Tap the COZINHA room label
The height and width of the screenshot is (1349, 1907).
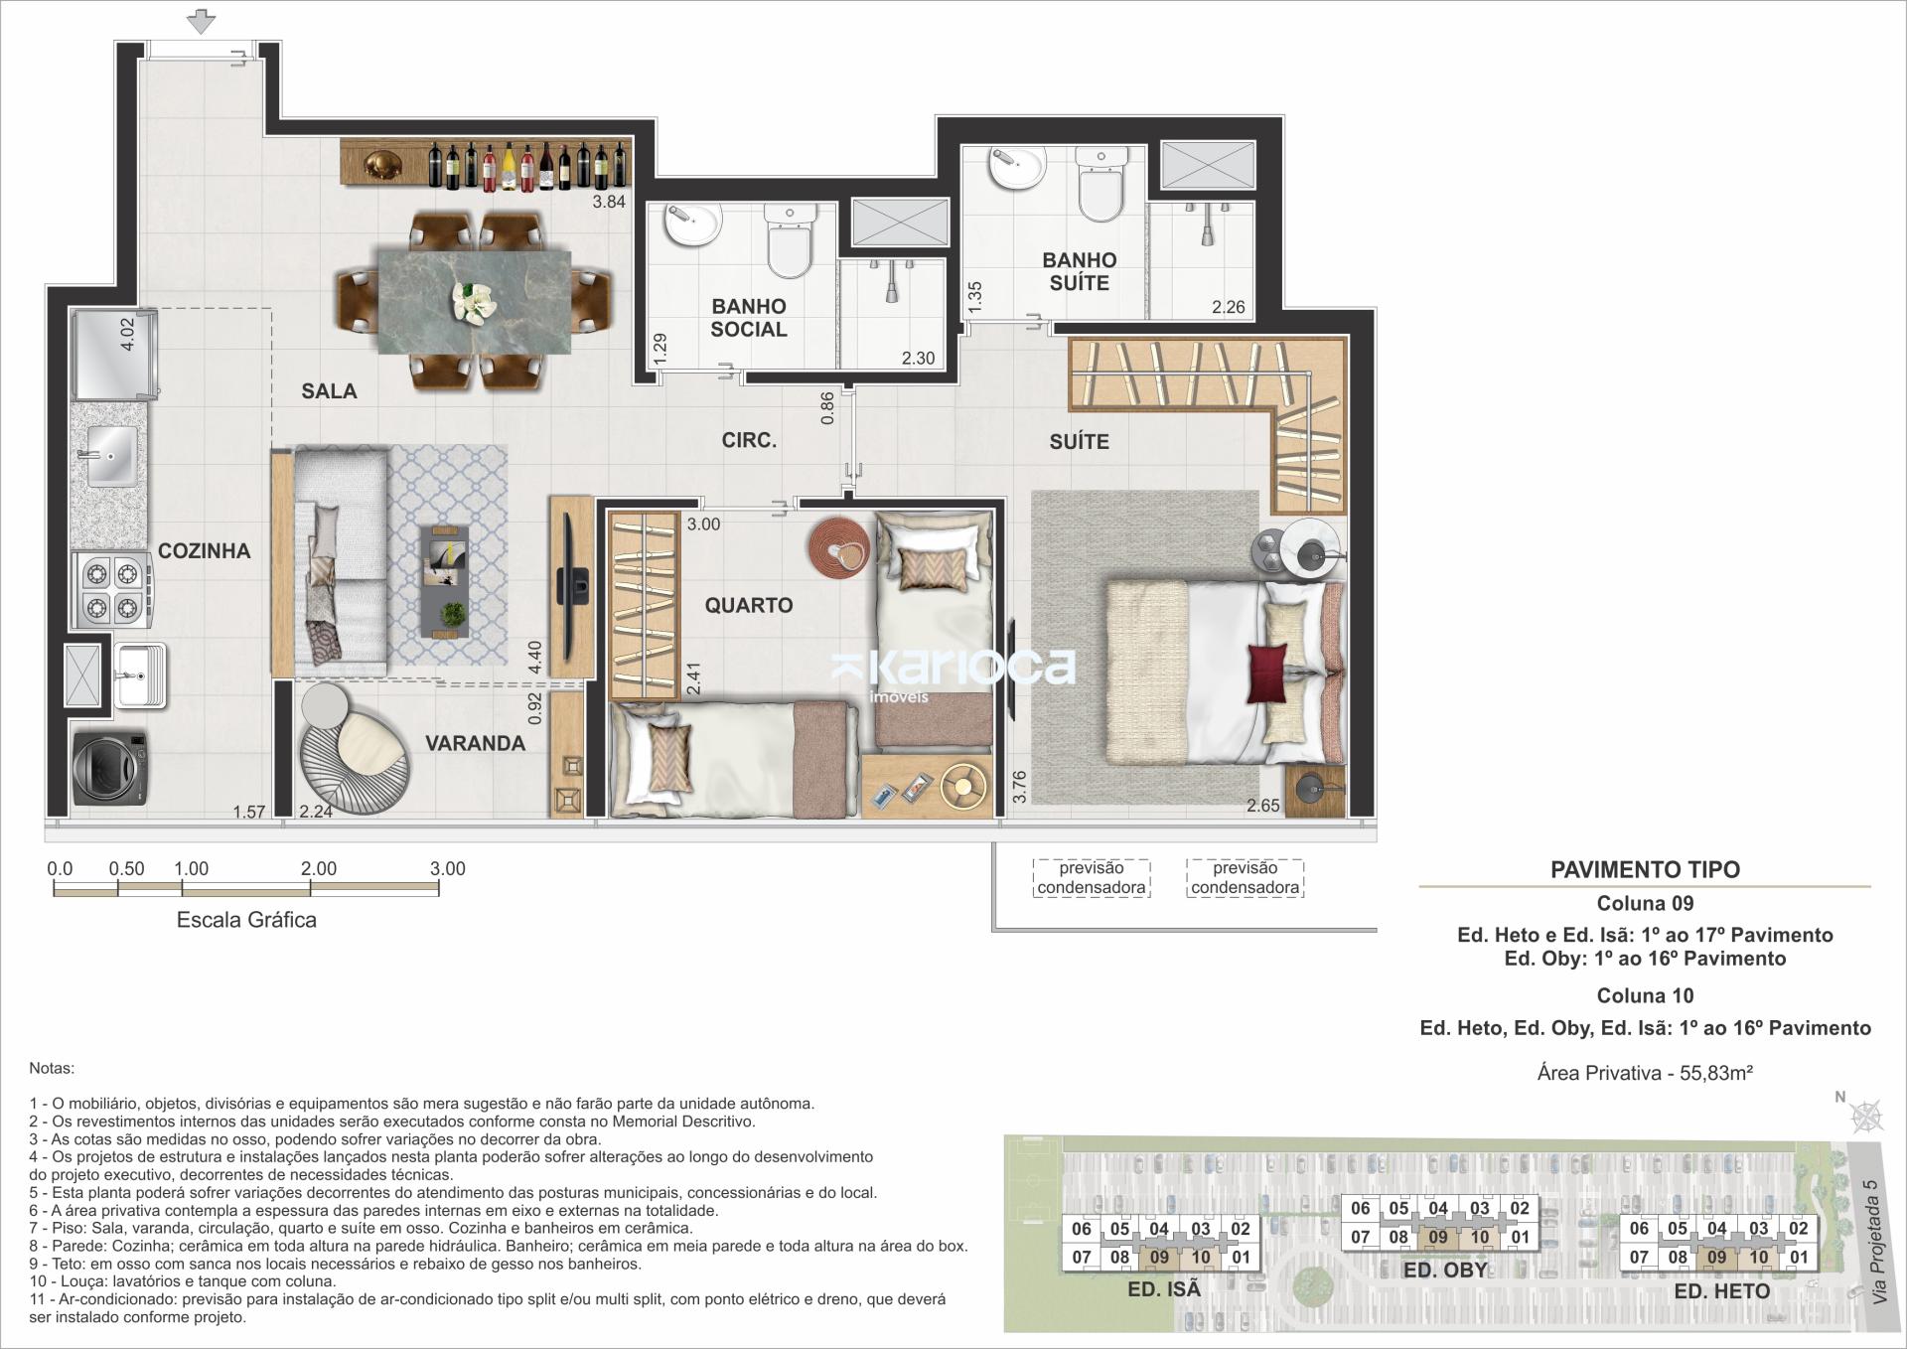tap(205, 551)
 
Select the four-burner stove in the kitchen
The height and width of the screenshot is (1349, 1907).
tap(111, 590)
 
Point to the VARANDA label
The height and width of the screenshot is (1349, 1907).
tap(476, 743)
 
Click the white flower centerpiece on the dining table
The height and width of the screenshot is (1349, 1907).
tap(474, 300)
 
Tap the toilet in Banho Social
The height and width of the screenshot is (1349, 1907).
tap(791, 243)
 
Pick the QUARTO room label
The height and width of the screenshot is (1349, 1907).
tap(749, 606)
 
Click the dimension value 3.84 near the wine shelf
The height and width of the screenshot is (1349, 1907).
tap(609, 202)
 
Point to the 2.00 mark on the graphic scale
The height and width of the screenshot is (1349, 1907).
tap(319, 869)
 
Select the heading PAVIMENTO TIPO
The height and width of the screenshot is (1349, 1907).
tap(1645, 870)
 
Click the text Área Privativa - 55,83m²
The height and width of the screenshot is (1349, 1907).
tap(1645, 1073)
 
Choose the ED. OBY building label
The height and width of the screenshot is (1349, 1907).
tap(1445, 1271)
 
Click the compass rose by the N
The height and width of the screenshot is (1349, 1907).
tap(1867, 1117)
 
